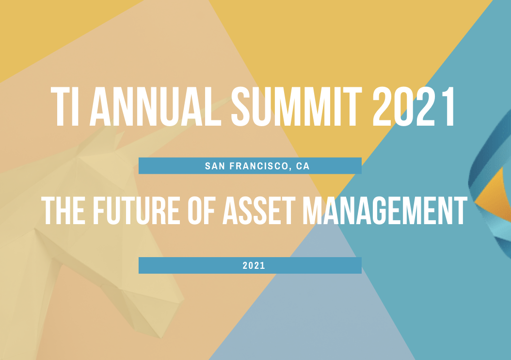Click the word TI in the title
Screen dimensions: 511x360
65,107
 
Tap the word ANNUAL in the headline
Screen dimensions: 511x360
156,107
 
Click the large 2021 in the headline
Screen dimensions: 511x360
414,107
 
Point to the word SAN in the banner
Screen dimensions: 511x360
215,166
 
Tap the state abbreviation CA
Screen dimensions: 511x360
303,166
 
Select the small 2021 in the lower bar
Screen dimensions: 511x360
254,265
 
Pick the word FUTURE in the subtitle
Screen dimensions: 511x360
137,211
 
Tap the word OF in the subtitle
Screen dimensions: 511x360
201,211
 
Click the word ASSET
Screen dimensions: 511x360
259,211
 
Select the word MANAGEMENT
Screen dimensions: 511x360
385,211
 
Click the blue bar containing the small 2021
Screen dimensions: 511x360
250,265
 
